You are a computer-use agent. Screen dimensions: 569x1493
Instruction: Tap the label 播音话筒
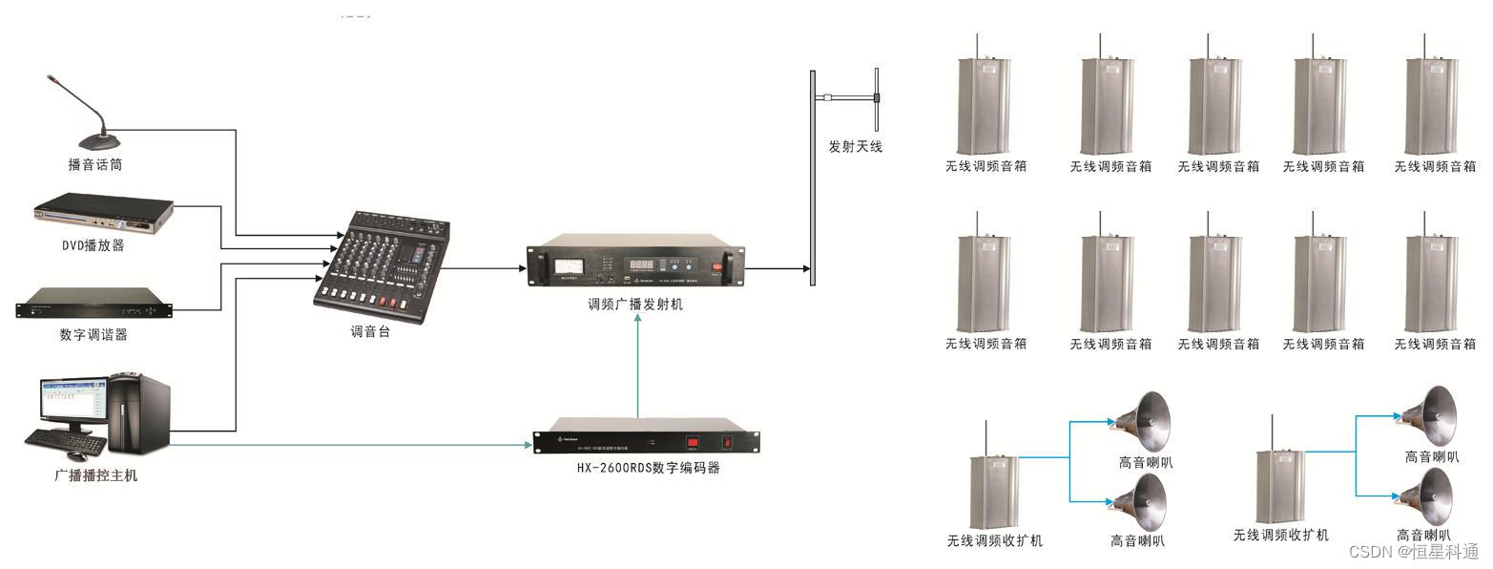[95, 165]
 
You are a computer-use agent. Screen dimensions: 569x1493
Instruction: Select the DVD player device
[103, 216]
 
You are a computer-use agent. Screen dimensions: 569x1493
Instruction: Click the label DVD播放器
[93, 246]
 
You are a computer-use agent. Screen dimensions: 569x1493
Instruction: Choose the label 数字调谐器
[93, 335]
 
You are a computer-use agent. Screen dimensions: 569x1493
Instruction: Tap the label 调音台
[370, 333]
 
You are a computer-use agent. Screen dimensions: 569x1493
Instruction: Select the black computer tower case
[139, 413]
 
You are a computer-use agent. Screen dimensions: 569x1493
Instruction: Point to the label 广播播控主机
[95, 475]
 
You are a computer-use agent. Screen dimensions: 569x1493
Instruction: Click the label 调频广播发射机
[635, 306]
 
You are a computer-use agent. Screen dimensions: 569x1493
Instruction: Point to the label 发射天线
[856, 147]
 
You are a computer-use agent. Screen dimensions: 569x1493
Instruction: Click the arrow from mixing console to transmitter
[487, 268]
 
